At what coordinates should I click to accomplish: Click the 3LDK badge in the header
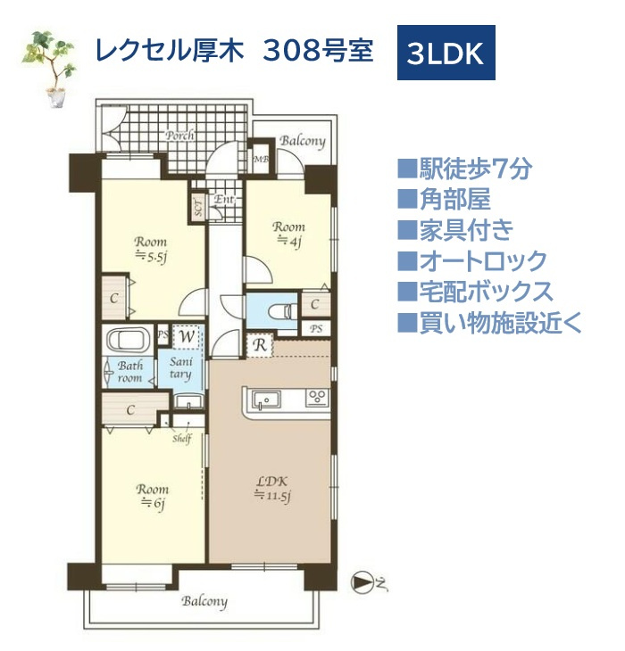point(446,54)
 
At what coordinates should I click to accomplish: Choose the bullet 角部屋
point(444,199)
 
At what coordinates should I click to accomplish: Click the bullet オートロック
point(471,260)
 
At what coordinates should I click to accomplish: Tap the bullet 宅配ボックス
point(475,291)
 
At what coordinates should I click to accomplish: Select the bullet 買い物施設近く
point(489,322)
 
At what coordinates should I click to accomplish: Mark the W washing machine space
point(187,337)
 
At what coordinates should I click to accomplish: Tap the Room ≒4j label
point(290,233)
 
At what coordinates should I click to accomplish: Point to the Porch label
point(179,136)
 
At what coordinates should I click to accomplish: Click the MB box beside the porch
point(261,161)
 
